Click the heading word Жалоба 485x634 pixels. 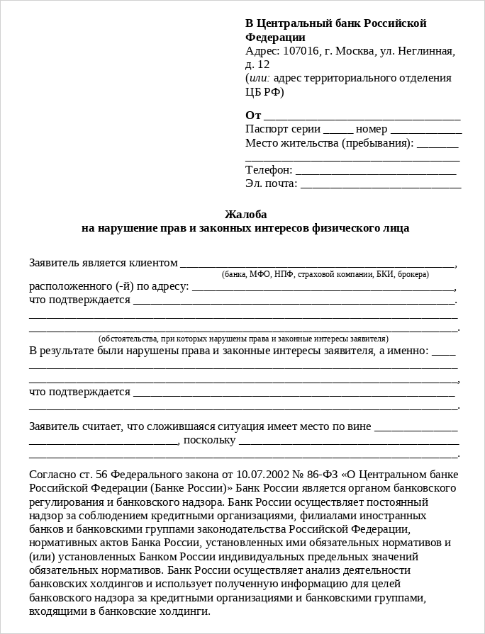point(245,214)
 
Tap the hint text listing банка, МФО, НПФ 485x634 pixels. point(325,274)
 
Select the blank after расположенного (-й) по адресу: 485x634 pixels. point(323,288)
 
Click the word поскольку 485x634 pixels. point(209,440)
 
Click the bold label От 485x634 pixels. point(253,115)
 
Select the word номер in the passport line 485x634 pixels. point(372,130)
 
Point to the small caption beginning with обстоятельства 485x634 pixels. point(243,339)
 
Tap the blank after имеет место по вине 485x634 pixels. point(416,428)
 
